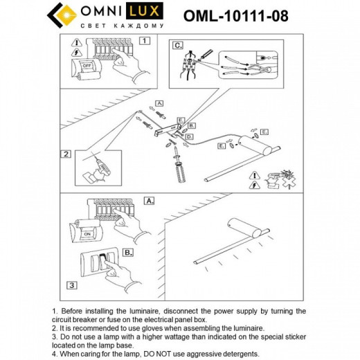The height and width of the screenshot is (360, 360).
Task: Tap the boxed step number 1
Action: click(145, 40)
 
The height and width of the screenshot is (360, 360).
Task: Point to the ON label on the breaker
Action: click(87, 234)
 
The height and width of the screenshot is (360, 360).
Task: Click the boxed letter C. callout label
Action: click(178, 46)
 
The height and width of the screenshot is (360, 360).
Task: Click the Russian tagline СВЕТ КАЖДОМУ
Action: click(123, 25)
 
